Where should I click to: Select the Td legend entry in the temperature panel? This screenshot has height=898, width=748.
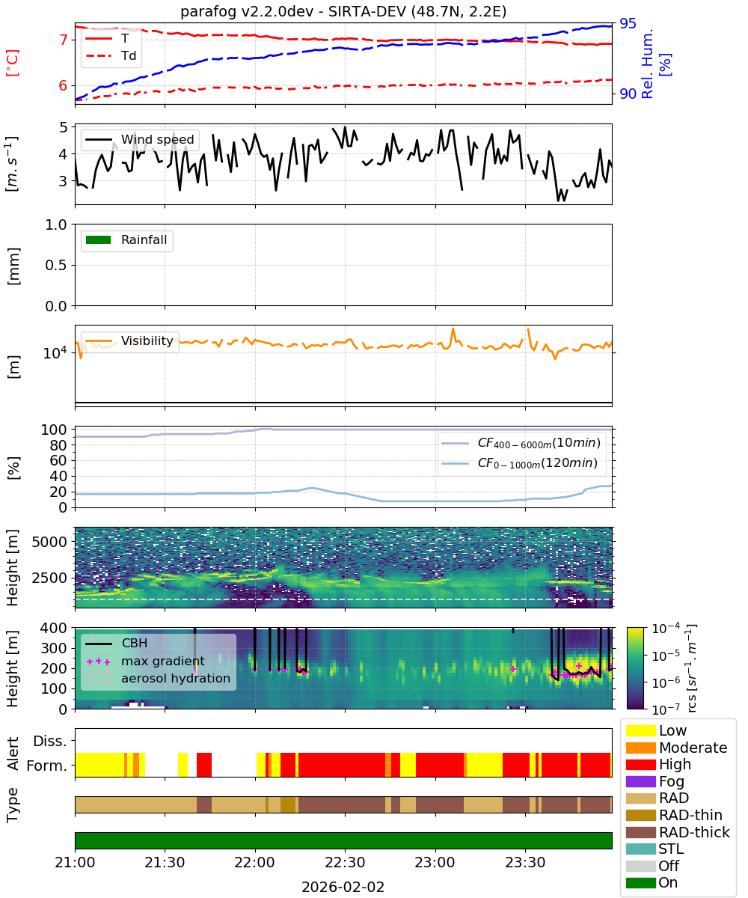tap(111, 55)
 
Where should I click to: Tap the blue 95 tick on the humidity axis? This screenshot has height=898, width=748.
tap(628, 23)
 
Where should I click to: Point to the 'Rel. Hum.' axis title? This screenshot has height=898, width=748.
tap(646, 64)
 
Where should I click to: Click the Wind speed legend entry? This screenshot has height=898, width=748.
tap(140, 139)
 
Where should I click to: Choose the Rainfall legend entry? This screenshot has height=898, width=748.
tap(126, 239)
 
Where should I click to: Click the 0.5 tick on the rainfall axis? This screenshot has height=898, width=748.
tap(56, 265)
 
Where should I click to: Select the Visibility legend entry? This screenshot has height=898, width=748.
tap(129, 340)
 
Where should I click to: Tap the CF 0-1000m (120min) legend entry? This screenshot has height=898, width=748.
tap(520, 462)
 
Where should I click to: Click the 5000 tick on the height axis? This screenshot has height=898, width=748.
tap(49, 542)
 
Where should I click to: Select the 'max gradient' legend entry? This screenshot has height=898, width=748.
tap(145, 661)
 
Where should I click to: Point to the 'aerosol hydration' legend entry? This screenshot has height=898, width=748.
tap(158, 678)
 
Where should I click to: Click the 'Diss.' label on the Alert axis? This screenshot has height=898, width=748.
tap(50, 741)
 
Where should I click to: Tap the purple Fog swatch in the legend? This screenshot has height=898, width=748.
tap(640, 781)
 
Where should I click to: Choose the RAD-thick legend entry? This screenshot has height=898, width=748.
tap(678, 832)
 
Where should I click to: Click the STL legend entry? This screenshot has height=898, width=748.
tap(653, 849)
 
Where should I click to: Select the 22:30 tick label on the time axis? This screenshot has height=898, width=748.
tap(345, 862)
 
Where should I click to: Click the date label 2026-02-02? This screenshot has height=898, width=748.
tap(343, 887)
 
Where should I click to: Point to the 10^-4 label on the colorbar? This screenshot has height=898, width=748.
tap(666, 629)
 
